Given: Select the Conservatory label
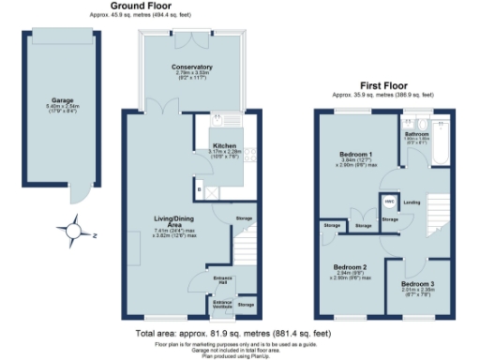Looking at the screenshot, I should point(191,67).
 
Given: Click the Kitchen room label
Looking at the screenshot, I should point(222,147).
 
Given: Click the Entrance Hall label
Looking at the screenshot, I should point(221,280).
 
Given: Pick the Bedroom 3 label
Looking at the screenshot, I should point(418,283).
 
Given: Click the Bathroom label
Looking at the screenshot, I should point(417,135).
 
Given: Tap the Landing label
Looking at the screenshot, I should point(412,202).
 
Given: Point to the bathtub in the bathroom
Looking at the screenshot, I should point(443,139).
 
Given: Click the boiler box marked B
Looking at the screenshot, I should point(200,191).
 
